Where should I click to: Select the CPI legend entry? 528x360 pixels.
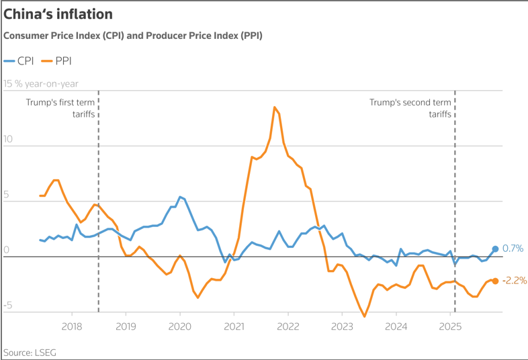click(x=19, y=60)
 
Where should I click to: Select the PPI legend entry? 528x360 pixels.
click(x=56, y=60)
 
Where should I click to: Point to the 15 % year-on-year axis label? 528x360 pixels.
click(x=42, y=84)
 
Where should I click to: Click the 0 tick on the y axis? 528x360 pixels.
click(x=7, y=251)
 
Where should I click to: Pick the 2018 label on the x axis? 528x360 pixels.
click(x=71, y=327)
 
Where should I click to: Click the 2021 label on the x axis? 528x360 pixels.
click(x=234, y=327)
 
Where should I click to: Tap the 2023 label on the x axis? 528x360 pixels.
click(x=341, y=327)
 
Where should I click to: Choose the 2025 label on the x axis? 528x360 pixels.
click(x=449, y=327)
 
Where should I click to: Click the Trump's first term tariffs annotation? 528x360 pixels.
click(x=60, y=108)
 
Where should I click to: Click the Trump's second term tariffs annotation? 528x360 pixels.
click(x=410, y=108)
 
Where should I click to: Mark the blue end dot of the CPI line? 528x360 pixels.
click(x=495, y=249)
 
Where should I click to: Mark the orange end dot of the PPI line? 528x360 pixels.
click(x=495, y=281)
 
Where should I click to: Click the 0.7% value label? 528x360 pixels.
click(x=512, y=249)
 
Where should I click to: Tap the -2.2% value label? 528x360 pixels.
click(x=514, y=281)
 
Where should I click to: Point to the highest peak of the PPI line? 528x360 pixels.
click(x=275, y=107)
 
